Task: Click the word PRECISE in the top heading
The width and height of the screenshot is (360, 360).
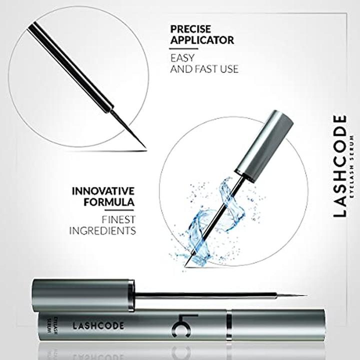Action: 190,29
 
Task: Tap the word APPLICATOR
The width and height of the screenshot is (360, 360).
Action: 202,40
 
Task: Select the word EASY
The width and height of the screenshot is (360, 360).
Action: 182,58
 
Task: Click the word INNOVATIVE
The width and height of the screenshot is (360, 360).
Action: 103,191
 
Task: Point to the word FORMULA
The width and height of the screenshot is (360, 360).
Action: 109,202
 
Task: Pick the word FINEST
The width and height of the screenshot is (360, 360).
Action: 118,219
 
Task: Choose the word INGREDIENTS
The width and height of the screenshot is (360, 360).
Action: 102,230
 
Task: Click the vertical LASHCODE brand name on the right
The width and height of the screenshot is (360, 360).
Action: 339,166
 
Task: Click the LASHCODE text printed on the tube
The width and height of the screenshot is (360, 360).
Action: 98,325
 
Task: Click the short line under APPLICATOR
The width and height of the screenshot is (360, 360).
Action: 183,48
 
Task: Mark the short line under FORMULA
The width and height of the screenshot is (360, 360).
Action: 119,210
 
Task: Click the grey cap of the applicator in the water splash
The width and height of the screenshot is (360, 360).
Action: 264,146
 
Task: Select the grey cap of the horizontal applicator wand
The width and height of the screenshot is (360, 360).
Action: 83,295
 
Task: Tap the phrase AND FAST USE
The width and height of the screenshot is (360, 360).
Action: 204,69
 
